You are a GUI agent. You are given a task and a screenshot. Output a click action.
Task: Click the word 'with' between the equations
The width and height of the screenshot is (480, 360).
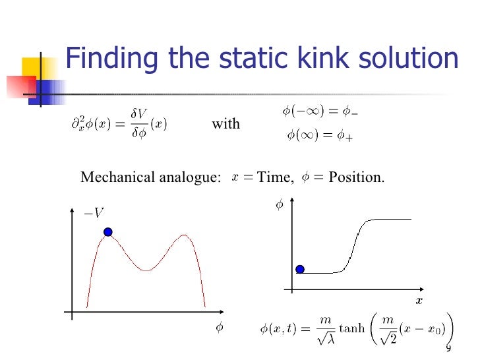[x=225, y=124]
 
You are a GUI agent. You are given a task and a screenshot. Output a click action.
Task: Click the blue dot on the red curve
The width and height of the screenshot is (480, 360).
[x=108, y=232]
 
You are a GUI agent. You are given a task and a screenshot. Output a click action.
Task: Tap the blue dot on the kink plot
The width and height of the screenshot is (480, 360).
[x=300, y=269]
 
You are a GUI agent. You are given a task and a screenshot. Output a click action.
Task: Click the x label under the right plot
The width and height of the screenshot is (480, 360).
[x=417, y=301]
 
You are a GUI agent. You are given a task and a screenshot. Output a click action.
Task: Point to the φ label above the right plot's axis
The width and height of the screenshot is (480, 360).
[x=278, y=206]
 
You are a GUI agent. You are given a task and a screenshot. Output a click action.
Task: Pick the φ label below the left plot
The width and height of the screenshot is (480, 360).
[x=220, y=328]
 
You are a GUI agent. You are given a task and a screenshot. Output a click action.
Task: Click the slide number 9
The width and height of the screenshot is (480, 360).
[x=448, y=348]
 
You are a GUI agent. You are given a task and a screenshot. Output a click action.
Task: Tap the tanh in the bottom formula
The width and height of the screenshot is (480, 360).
[x=351, y=328]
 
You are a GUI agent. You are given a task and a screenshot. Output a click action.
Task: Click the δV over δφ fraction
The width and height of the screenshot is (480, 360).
[x=138, y=124]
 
